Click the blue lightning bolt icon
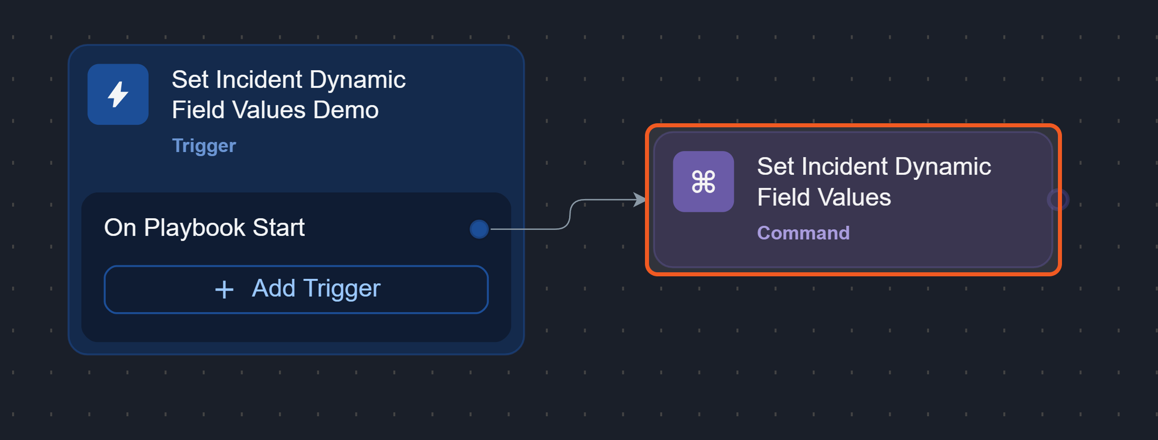(118, 94)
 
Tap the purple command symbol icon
(703, 182)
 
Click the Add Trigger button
(296, 289)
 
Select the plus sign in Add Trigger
(224, 290)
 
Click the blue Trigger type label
(204, 145)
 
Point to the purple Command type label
(803, 233)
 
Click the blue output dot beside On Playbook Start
(479, 229)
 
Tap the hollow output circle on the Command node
(1057, 200)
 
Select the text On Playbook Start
(204, 228)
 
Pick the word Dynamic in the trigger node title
(357, 80)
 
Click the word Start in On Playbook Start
(279, 228)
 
